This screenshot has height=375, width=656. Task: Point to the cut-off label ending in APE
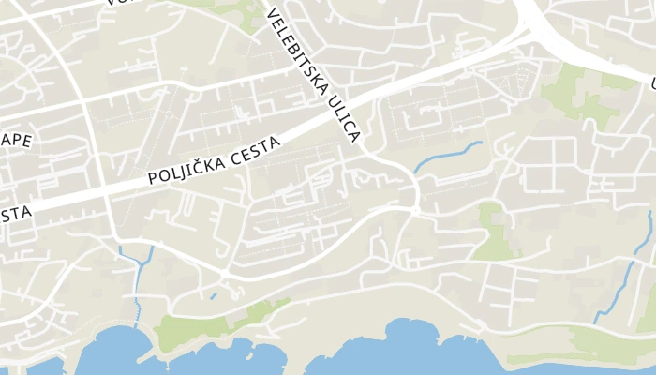[16, 142]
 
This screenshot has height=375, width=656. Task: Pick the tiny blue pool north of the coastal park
[214, 296]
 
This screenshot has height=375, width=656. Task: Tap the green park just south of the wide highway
[576, 94]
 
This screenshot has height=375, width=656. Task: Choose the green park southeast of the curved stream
[492, 234]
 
